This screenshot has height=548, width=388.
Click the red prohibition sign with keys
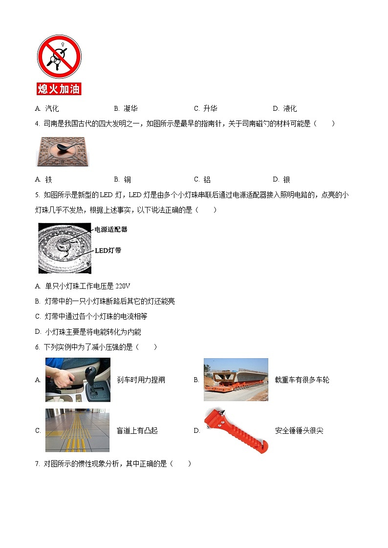59,56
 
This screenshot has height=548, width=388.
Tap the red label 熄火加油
59,89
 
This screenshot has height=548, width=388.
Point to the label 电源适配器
110,229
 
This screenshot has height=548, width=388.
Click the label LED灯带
108,250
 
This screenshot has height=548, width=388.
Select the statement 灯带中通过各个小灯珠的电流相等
96,316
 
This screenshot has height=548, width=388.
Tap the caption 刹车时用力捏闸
141,380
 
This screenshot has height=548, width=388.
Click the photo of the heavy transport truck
236,380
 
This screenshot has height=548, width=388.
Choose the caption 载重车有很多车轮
302,380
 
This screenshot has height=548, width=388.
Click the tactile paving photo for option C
77,430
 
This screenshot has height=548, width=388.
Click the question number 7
37,464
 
